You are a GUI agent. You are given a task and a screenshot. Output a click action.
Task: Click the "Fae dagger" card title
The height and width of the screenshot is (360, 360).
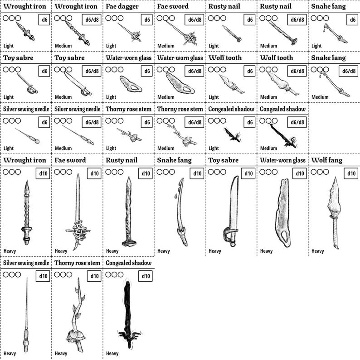coord(121,7)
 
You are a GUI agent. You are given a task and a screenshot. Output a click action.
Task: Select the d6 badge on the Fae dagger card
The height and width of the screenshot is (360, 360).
coord(146,20)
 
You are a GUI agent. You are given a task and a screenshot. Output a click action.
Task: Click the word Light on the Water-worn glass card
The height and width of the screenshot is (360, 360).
coord(111,97)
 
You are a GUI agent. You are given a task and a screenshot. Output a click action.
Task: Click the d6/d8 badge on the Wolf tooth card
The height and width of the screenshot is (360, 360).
coord(297,71)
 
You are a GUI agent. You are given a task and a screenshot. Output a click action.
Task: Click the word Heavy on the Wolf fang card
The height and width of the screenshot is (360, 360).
coord(317,251)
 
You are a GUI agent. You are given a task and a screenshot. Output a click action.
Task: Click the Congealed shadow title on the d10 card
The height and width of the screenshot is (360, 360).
coord(128,263)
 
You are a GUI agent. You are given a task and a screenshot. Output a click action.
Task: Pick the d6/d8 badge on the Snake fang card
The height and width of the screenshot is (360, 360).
coord(349,71)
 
